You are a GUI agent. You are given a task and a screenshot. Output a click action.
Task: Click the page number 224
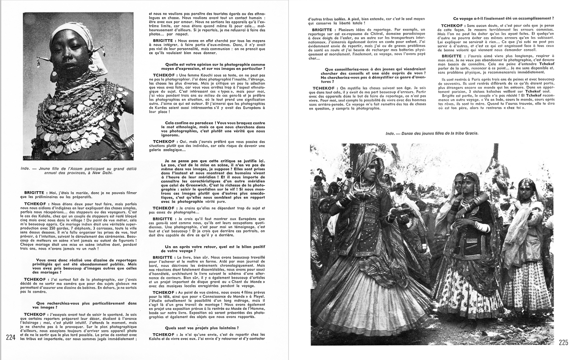11,338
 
